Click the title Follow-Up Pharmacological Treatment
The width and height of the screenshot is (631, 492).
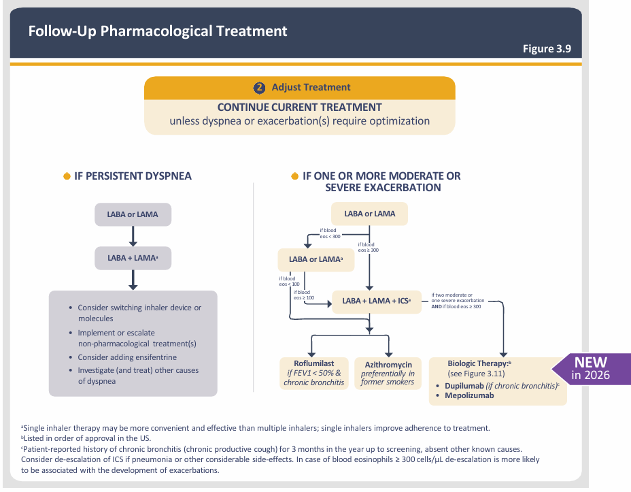(158, 31)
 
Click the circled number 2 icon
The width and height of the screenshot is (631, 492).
(259, 88)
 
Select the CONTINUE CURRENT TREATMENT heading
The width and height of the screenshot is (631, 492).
(299, 107)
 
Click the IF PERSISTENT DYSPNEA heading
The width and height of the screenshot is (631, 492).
(133, 176)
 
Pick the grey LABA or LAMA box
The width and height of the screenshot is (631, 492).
(133, 214)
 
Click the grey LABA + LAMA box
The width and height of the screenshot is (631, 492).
(133, 259)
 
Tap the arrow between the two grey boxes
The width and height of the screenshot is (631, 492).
(133, 236)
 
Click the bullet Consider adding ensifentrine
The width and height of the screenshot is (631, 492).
(126, 357)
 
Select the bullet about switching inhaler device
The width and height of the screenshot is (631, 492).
(139, 312)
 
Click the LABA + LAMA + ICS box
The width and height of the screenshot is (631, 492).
(376, 300)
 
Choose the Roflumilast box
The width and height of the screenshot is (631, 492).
(313, 372)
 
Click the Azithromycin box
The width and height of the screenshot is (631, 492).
(388, 372)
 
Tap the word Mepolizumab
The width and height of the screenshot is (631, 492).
(469, 395)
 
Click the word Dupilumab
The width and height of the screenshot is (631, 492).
(465, 385)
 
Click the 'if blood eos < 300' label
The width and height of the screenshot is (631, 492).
(330, 233)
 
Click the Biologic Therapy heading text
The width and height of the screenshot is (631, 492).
(478, 363)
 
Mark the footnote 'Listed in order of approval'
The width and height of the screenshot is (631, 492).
(86, 438)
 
